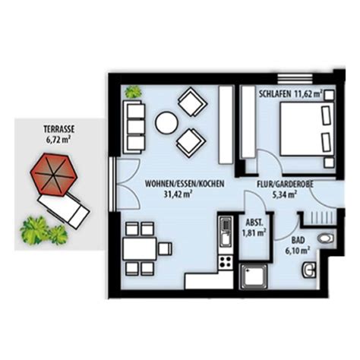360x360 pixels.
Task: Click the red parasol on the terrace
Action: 54,175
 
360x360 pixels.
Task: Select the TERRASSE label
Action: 59,129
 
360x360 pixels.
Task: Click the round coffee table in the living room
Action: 166,123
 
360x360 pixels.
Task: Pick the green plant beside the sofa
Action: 133,92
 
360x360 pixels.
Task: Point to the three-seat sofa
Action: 134,127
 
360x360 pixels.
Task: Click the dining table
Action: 140,248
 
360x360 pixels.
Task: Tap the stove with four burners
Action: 226,262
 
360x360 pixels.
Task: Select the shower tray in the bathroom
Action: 254,276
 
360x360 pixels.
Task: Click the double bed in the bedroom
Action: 307,129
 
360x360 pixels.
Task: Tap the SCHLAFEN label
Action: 275,94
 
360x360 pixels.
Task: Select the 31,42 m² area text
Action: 178,194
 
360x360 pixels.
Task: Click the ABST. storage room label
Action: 254,223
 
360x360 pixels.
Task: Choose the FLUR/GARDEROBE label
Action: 286,184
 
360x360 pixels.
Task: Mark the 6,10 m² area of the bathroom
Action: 298,251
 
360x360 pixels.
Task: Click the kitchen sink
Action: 226,231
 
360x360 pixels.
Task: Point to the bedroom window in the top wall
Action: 295,78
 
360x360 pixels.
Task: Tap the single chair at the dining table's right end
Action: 165,248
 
